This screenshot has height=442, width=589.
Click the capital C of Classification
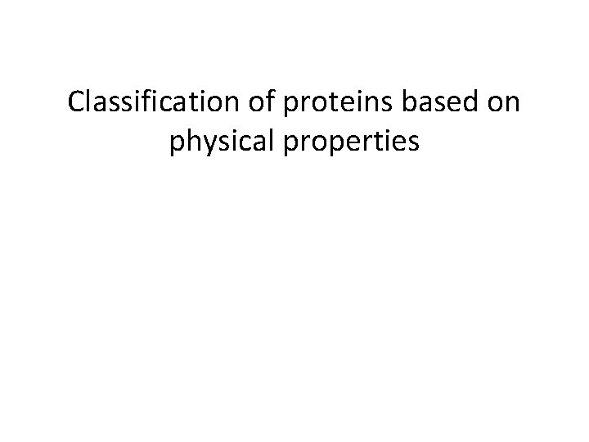pos(78,103)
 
